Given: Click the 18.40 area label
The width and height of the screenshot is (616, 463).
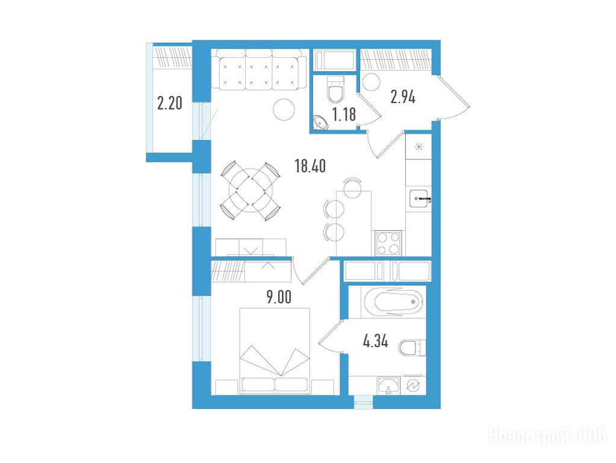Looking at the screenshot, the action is (310, 166).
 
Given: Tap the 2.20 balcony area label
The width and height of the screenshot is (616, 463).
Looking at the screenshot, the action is (170, 103).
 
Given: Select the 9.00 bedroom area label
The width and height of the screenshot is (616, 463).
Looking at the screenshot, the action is (279, 297).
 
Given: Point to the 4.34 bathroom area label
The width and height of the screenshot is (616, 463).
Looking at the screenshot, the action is (376, 341).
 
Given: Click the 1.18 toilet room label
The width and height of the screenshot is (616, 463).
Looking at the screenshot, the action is (344, 115).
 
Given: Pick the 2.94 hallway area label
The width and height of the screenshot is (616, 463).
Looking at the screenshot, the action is (403, 96).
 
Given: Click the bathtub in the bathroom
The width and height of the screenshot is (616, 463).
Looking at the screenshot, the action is (393, 302).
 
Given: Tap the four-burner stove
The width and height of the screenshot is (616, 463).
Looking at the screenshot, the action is (388, 243).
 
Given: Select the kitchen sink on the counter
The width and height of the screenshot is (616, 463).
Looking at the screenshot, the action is (418, 198).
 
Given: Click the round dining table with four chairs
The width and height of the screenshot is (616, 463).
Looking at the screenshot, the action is (250, 191).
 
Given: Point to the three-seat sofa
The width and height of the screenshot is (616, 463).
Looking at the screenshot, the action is (258, 70).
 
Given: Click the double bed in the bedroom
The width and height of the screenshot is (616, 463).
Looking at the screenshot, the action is (275, 351).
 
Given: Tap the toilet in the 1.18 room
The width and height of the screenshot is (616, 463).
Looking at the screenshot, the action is (335, 90).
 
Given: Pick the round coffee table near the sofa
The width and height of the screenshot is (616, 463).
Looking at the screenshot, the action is (284, 109).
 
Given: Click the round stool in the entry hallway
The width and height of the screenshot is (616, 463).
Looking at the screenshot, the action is (372, 83).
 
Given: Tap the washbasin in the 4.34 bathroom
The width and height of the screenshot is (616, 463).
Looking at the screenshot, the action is (389, 385).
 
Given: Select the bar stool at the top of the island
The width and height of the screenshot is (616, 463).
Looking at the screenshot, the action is (352, 186).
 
